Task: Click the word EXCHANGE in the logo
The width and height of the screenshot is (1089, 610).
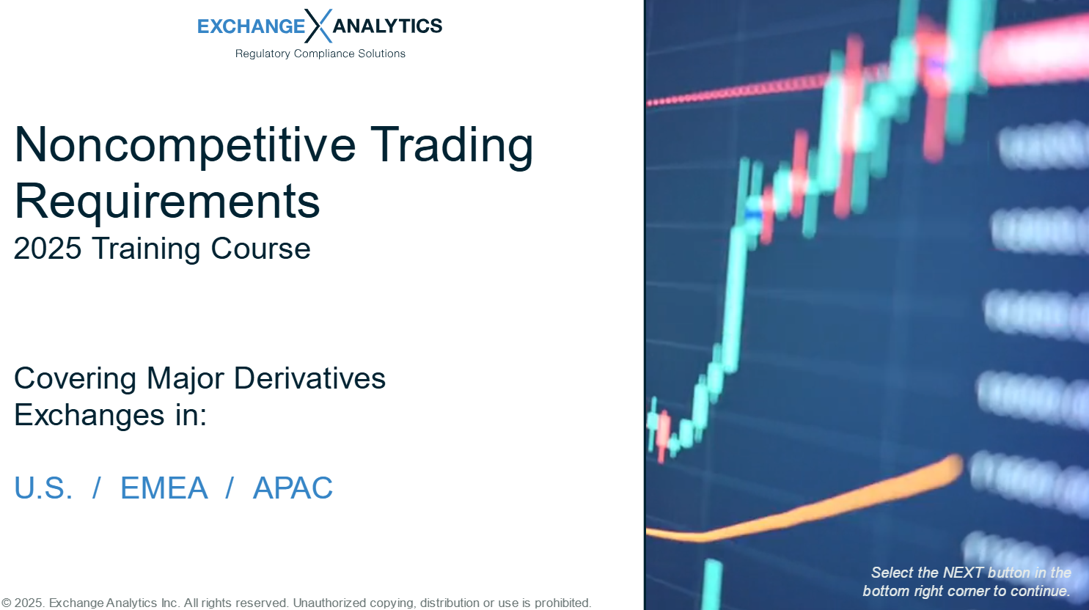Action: [x=251, y=26]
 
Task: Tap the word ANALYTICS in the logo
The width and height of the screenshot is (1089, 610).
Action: [x=387, y=26]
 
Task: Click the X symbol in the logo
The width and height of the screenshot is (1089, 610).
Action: [x=318, y=26]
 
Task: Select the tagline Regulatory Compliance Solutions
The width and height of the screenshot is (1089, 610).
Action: [x=320, y=54]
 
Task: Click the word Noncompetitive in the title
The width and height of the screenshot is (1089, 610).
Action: [x=186, y=145]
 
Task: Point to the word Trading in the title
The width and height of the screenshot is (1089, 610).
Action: [x=452, y=146]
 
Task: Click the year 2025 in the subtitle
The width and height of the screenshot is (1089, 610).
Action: [x=48, y=249]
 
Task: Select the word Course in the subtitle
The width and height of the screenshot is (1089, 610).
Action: [x=260, y=249]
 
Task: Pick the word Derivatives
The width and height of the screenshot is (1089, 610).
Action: [x=309, y=378]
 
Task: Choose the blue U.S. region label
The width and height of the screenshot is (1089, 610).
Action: [x=44, y=488]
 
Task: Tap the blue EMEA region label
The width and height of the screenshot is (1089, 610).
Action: [x=164, y=488]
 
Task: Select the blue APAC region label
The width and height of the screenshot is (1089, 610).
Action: [x=293, y=488]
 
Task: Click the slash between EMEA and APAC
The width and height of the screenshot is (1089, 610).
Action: [x=230, y=488]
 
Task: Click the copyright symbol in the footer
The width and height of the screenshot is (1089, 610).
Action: [x=7, y=603]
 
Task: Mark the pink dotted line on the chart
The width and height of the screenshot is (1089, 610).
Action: [x=739, y=90]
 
